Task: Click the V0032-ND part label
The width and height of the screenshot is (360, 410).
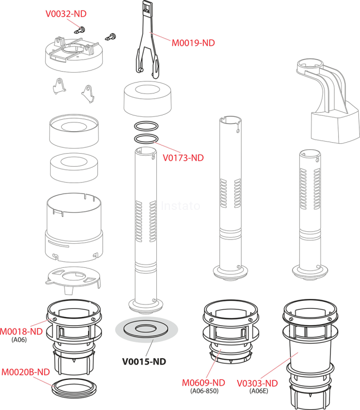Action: point(66,14)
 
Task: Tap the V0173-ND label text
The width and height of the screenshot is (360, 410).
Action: point(183,157)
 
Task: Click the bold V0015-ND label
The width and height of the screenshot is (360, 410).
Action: point(144,361)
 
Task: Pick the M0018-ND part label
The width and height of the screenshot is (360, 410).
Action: point(21,331)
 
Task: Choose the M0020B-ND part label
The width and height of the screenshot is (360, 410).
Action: point(26,372)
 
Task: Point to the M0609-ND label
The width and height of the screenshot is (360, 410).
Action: point(203,383)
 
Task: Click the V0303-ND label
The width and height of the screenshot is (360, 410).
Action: point(257,383)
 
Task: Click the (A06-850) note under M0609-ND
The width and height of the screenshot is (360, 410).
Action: point(204,391)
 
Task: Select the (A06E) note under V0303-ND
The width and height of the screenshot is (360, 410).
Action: point(257,391)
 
